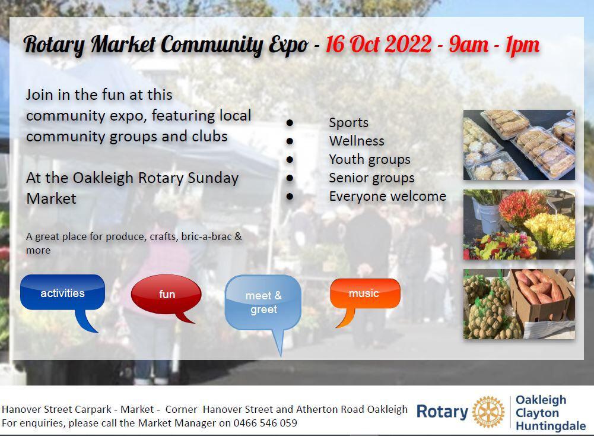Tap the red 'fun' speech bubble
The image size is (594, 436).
pos(166,294)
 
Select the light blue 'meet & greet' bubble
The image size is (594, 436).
pos(263,302)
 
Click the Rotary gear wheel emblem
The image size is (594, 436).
pos(489,412)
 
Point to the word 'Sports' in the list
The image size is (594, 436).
pos(348,122)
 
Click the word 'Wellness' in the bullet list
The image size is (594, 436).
pos(357,141)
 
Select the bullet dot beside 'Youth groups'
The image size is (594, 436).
pos(290,160)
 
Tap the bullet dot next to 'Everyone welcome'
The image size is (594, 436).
pos(290,197)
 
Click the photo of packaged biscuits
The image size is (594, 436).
pos(519,145)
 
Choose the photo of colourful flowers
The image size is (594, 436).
pos(519,225)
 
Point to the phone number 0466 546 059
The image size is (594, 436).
pos(265,423)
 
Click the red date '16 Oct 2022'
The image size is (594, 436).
pos(379,45)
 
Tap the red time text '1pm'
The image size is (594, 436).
pos(522,46)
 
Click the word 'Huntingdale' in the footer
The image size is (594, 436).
pos(551,426)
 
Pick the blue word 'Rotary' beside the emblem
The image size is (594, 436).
pos(442,412)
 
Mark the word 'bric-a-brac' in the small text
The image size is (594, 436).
pos(206,236)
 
